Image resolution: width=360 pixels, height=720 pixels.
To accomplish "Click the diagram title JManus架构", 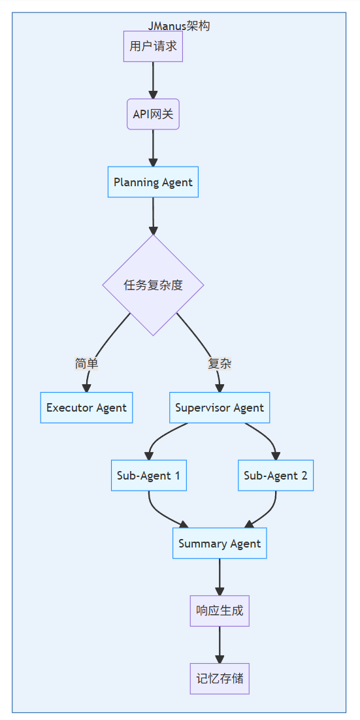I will (178, 26).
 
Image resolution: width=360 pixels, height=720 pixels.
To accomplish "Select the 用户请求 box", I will (153, 46).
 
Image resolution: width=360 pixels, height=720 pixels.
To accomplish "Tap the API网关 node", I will (153, 114).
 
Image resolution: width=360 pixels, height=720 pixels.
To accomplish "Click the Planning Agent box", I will (153, 182).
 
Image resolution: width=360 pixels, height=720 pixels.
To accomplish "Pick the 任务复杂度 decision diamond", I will (153, 285).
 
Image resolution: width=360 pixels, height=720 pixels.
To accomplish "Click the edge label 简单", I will (86, 364).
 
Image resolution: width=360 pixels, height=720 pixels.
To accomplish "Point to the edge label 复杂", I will (220, 364).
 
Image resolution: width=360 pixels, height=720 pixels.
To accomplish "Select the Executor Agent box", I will (86, 408).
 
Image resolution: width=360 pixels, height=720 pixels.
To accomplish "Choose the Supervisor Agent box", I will (220, 408).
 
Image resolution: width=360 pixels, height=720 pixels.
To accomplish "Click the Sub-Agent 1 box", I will (148, 476).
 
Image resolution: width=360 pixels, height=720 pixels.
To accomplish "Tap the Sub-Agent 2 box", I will (276, 476).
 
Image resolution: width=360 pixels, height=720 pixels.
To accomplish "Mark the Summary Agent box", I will (220, 544).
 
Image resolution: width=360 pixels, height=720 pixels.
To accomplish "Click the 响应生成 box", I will (220, 611).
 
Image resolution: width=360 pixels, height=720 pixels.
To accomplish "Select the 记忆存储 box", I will (220, 679).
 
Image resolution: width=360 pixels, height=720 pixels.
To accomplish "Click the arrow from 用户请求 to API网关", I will (153, 80).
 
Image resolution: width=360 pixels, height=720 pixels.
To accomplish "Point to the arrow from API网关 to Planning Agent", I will (153, 148).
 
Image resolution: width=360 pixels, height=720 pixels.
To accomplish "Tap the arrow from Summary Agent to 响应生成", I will (220, 576).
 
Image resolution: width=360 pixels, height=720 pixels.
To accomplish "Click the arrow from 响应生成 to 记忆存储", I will (220, 644).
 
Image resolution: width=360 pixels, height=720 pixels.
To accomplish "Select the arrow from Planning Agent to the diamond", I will (153, 216).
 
